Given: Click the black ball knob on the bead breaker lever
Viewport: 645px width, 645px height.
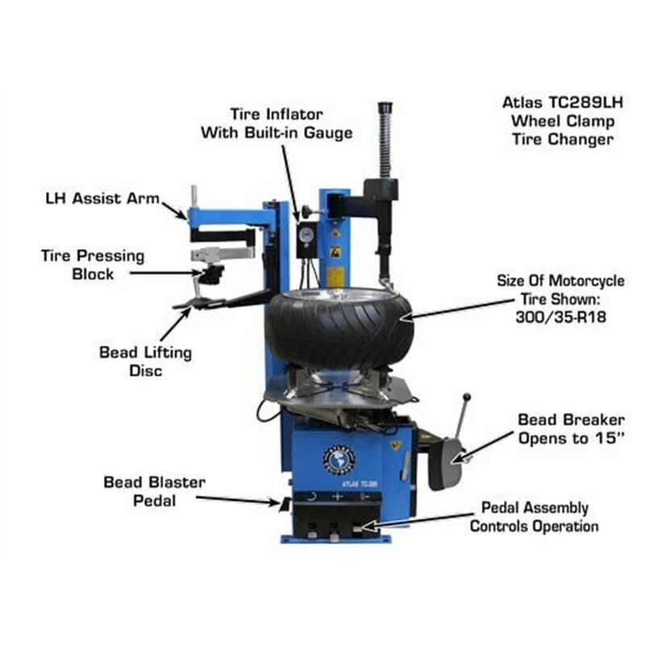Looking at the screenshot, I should [x=465, y=397].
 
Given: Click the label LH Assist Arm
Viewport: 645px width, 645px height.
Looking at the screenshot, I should [x=102, y=198].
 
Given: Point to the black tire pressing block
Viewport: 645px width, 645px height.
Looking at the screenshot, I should [x=212, y=274].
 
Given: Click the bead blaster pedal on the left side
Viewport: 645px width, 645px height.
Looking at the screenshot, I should [x=284, y=505].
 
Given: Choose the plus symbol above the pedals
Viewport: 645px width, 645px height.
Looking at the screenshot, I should [x=337, y=497].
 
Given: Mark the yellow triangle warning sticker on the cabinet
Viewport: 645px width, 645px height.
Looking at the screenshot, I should [x=395, y=444].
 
